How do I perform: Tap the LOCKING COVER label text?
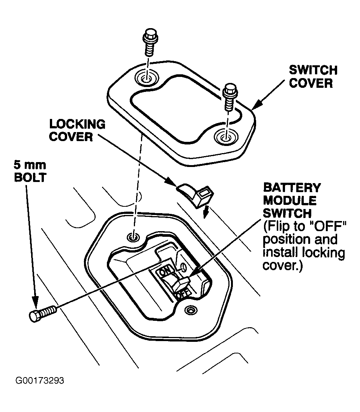(x=77, y=130)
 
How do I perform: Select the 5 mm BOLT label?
(x=30, y=171)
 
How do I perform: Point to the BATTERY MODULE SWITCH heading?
(x=292, y=200)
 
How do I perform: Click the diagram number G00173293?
(x=40, y=381)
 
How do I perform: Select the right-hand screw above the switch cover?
(x=228, y=97)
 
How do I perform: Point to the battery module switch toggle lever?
(x=182, y=284)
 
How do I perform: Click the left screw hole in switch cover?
(x=147, y=79)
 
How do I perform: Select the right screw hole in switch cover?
(x=225, y=137)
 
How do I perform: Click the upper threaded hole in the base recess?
(x=133, y=236)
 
